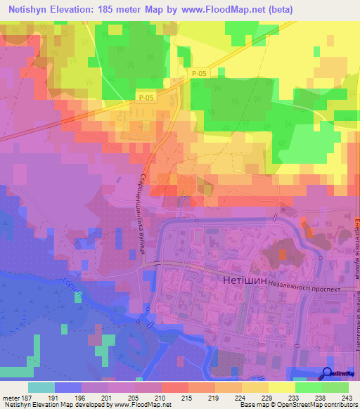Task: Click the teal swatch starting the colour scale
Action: point(41,387)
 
